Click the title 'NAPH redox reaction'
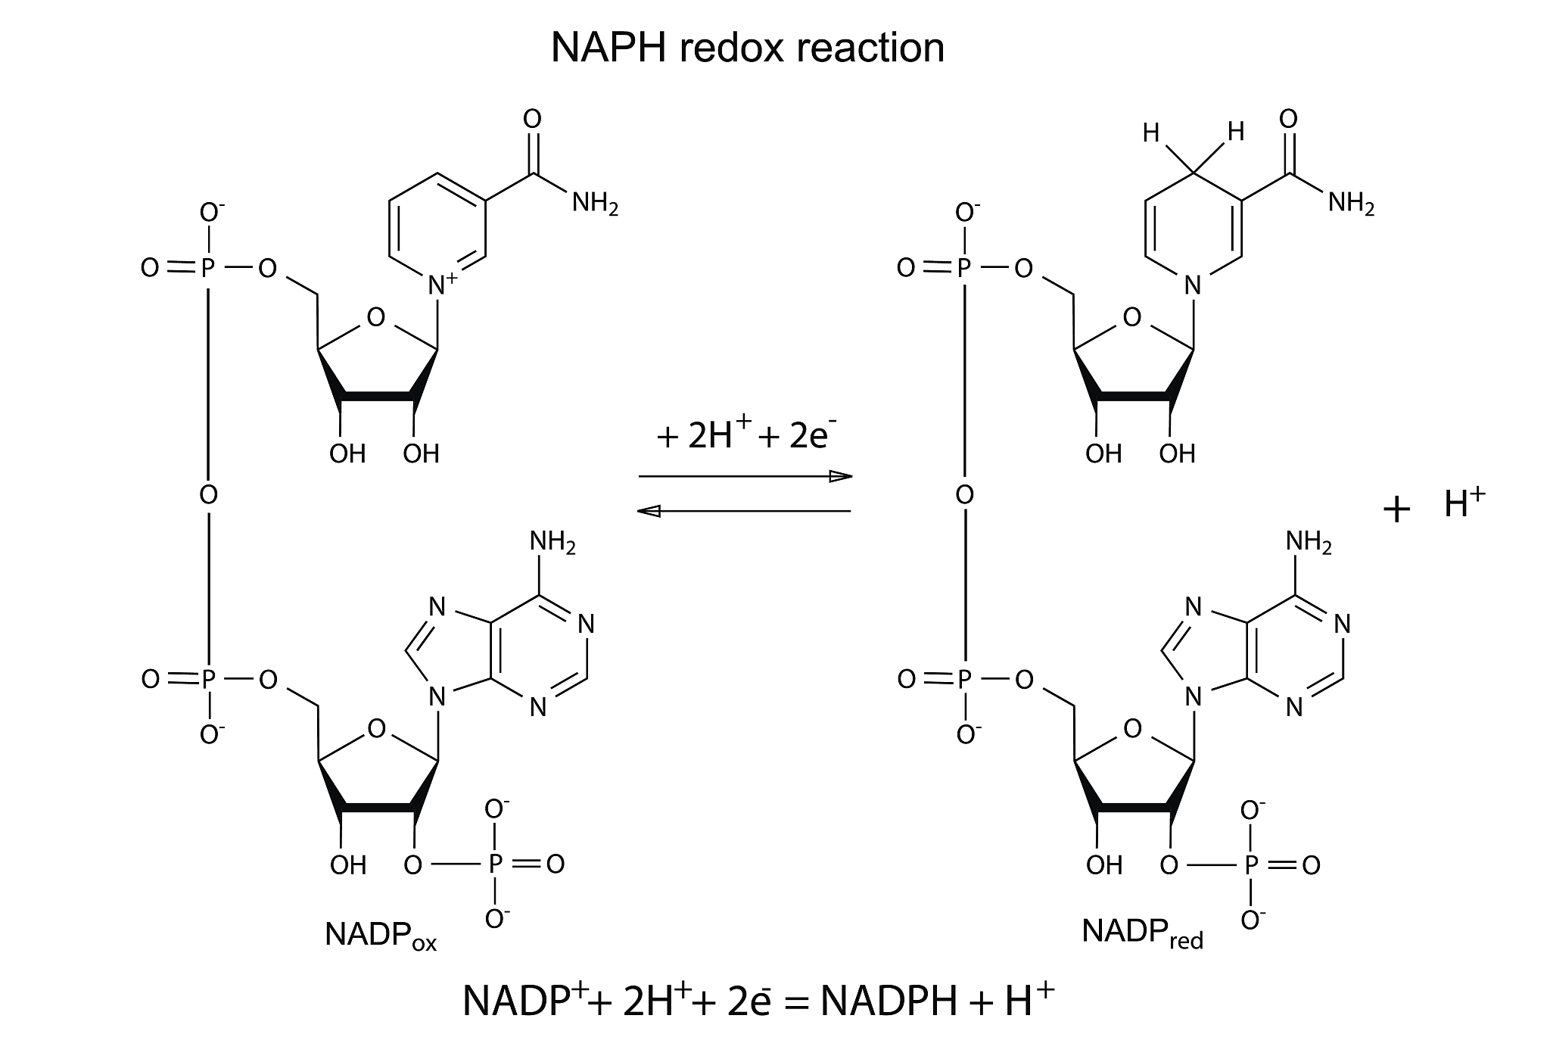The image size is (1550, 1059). (747, 48)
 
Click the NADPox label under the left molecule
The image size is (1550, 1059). (380, 936)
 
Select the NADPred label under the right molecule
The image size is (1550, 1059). (1141, 933)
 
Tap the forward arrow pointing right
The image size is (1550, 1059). (745, 476)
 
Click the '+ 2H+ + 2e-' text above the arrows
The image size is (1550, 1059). (745, 438)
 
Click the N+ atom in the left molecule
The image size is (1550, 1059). (440, 285)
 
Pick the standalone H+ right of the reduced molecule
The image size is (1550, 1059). (1464, 504)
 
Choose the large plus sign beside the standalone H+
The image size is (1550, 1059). (1396, 510)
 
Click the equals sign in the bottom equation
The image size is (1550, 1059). (792, 1004)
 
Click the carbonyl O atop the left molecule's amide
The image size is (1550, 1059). (532, 119)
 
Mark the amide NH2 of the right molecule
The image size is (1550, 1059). (1351, 203)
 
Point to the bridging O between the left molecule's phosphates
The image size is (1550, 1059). (208, 496)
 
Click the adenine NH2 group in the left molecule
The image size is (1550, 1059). (552, 542)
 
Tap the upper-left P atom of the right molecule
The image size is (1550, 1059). (963, 268)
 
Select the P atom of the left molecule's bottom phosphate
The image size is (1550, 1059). (494, 864)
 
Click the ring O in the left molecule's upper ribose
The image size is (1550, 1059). (375, 317)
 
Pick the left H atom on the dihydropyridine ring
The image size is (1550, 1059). (1151, 134)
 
